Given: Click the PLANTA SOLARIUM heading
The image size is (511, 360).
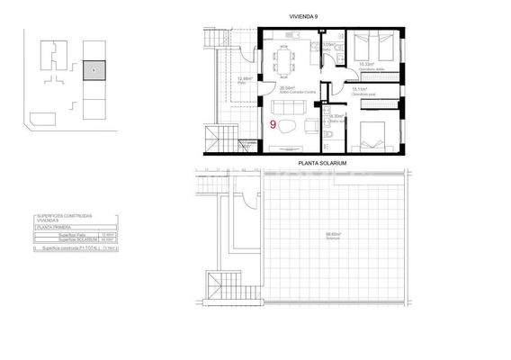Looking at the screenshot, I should point(322,163).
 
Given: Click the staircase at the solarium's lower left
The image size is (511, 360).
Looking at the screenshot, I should point(219,290).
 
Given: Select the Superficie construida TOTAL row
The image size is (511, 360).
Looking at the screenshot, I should point(74,246).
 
